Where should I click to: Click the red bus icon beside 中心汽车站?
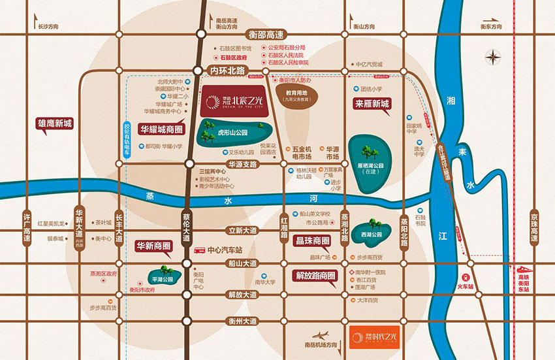[198, 250]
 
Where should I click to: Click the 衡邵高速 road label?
[266, 34]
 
